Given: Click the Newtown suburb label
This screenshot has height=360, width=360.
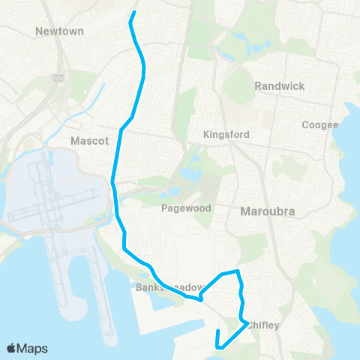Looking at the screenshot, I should click(x=59, y=31).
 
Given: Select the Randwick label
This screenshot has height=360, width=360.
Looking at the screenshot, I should click(x=279, y=86).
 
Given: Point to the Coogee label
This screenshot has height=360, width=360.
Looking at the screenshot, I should click(x=319, y=124).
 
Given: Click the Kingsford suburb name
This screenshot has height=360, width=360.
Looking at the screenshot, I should click(x=225, y=135).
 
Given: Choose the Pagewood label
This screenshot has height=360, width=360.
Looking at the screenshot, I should click(x=186, y=208).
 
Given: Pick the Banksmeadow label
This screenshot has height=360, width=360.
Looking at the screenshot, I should click(x=169, y=287).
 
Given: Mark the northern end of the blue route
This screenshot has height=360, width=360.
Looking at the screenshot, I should click(x=134, y=13).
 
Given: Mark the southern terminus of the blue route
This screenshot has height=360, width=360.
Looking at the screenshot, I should click(x=217, y=331).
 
